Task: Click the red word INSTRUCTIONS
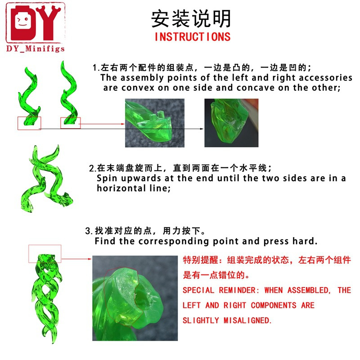pyautogui.click(x=193, y=37)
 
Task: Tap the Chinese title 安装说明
pyautogui.click(x=191, y=18)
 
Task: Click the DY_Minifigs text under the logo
pyautogui.click(x=36, y=49)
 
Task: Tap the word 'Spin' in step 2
pyautogui.click(x=107, y=178)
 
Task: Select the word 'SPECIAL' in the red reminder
pyautogui.click(x=198, y=290)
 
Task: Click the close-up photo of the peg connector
pyautogui.click(x=155, y=123)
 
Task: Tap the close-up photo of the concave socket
pyautogui.click(x=231, y=123)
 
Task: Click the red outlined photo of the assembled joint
pyautogui.click(x=135, y=298)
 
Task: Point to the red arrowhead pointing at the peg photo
pyautogui.click(x=123, y=124)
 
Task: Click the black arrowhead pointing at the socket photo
pyautogui.click(x=202, y=129)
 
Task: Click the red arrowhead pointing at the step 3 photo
pyautogui.click(x=90, y=259)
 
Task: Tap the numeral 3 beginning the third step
pyautogui.click(x=87, y=231)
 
